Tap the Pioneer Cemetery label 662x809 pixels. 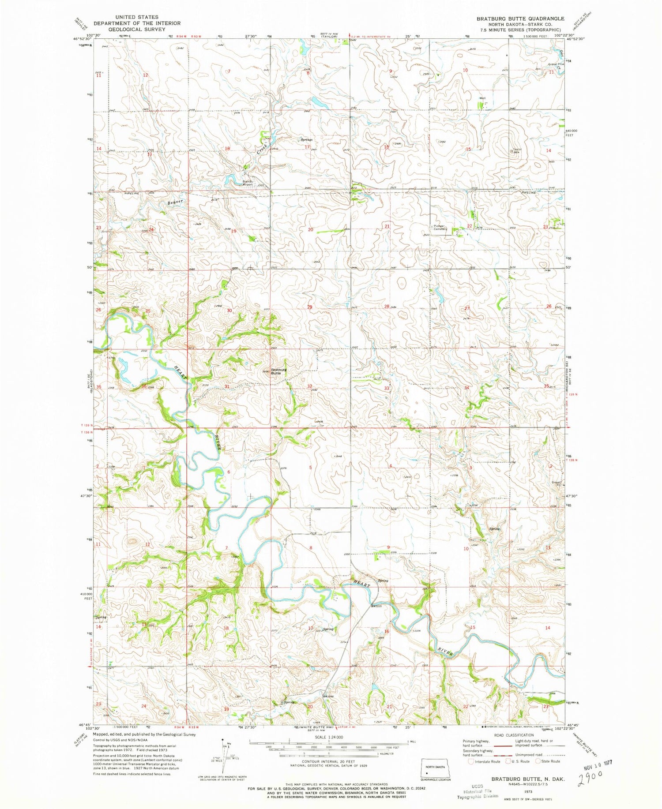point(440,228)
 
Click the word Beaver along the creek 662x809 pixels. point(175,202)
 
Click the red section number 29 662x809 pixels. point(310,307)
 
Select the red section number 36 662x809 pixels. point(144,386)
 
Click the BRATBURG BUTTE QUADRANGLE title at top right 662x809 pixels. point(521,19)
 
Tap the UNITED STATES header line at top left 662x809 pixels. point(137,17)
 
